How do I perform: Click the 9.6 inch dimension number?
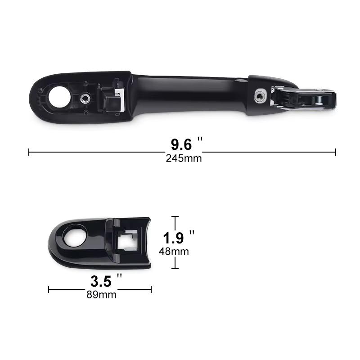186,144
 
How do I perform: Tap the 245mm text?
184,158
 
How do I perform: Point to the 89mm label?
101,295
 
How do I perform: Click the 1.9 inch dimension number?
179,238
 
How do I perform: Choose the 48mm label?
174,252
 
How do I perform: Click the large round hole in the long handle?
59,97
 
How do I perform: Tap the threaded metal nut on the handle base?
85,99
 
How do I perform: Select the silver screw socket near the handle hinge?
260,96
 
